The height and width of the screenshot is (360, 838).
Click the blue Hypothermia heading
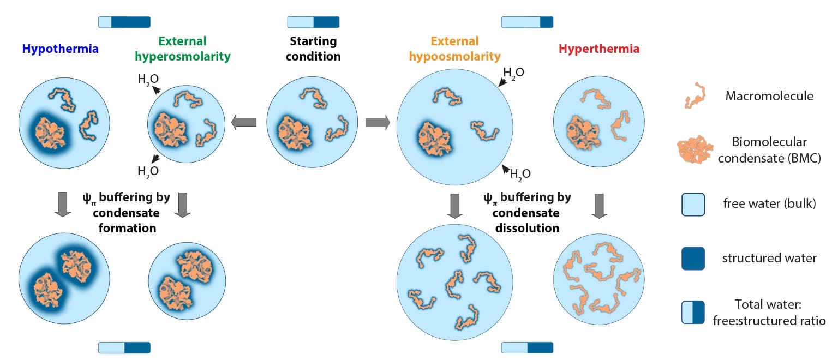[61, 49]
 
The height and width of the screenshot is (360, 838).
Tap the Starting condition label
[313, 49]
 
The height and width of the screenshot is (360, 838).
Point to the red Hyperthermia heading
[598, 49]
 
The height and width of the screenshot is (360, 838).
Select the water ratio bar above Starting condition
[313, 22]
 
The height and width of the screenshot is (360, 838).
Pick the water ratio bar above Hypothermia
[124, 22]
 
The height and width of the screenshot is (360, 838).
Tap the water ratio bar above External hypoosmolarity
[527, 22]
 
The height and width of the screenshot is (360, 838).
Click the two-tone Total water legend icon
[693, 313]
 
